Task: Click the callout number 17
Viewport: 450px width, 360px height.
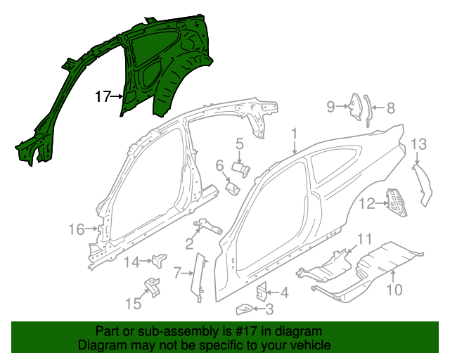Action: point(103,97)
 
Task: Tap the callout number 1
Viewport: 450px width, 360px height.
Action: point(295,133)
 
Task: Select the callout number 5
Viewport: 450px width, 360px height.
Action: point(239,144)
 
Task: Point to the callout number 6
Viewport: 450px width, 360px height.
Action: point(219,165)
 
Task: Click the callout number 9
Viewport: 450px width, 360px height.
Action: point(330,106)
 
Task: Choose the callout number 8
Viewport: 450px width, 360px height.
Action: point(391,108)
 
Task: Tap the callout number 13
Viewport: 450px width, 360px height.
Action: point(418,144)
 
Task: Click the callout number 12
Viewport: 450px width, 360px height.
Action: point(366,204)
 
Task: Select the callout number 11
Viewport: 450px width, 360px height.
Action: point(364,239)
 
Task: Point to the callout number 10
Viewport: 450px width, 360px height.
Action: point(393,288)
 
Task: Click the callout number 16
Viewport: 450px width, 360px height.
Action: point(76,229)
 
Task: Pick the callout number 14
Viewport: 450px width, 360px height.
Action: point(132,262)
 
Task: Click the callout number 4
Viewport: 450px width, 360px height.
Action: point(284,292)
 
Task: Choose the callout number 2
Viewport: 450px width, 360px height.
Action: point(189,244)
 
